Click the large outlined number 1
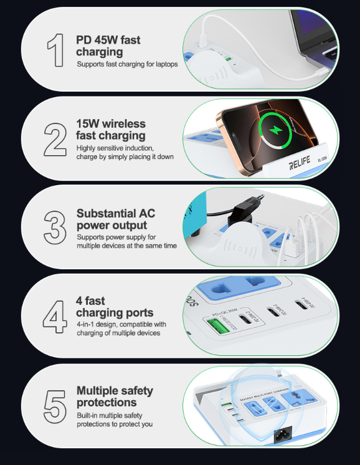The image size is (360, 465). click(x=57, y=49)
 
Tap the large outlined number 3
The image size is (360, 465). click(x=56, y=226)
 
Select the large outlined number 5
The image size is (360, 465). click(x=55, y=406)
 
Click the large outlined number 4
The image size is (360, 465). click(x=55, y=317)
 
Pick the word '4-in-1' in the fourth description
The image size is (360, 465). click(x=87, y=324)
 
